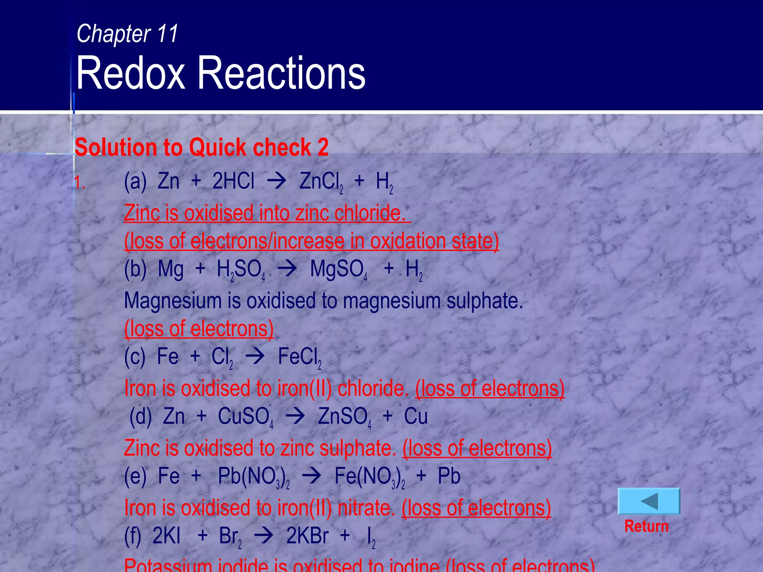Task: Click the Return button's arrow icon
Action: click(649, 501)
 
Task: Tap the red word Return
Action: click(646, 526)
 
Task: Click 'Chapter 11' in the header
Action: click(127, 34)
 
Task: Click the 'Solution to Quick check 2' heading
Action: click(202, 147)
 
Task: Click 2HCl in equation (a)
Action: click(233, 181)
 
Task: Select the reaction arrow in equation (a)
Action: click(277, 182)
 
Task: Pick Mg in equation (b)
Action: click(171, 269)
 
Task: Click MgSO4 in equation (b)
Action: click(339, 269)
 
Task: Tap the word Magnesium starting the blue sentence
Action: click(173, 301)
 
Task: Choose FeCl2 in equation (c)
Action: click(300, 357)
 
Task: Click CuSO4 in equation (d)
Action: click(245, 417)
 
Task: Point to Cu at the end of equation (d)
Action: click(416, 416)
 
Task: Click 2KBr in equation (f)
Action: click(307, 536)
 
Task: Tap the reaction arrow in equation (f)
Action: click(264, 537)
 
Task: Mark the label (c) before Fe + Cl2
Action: click(134, 357)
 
